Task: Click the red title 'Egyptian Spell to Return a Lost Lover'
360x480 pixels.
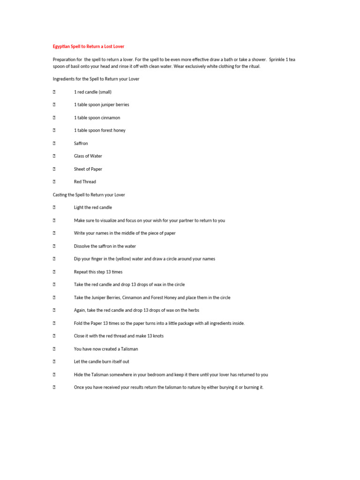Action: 88,46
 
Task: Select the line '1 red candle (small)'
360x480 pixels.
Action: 92,92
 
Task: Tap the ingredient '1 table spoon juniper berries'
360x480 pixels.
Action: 101,105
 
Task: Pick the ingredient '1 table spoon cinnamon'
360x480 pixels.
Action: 97,118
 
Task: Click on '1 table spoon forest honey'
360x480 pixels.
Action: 99,130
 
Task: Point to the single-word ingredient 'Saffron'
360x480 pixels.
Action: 81,143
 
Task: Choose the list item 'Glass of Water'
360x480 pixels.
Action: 88,156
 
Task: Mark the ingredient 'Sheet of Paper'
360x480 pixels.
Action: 88,169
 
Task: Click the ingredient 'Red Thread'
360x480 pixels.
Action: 85,182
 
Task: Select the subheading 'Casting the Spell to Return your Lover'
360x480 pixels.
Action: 89,195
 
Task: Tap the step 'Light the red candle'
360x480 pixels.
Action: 93,207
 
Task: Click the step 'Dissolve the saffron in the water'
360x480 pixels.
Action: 105,246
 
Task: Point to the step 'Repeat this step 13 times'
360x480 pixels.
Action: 98,272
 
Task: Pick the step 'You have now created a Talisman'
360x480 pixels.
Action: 106,349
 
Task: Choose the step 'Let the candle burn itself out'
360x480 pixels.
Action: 101,361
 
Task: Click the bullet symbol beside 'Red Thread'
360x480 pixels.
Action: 54,182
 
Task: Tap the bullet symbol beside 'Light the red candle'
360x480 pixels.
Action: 54,207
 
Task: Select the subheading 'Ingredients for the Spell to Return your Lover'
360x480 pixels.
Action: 96,79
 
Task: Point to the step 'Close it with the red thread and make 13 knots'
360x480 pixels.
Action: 119,336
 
